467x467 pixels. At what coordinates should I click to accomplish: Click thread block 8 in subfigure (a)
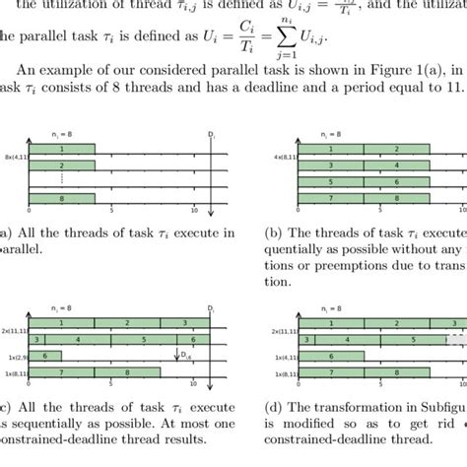click(62, 198)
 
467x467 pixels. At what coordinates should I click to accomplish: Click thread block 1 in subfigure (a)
click(62, 149)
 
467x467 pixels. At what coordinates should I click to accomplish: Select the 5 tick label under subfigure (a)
click(112, 212)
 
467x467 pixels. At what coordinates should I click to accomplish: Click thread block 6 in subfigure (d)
click(331, 356)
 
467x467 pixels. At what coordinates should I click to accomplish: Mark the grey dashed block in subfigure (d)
click(457, 339)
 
